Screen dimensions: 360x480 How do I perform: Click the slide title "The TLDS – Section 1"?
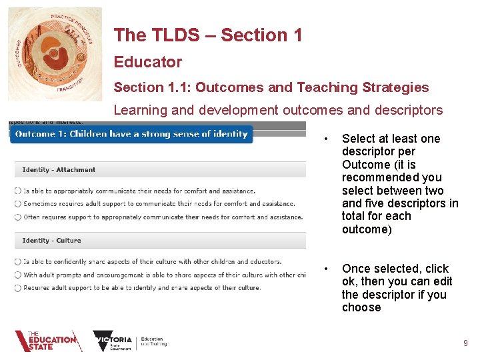207,35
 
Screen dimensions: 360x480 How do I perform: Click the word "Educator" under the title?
147,62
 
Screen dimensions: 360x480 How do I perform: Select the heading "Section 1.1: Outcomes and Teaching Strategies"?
271,87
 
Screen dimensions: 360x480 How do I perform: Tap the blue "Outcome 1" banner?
131,134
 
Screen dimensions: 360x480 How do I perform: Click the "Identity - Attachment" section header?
59,170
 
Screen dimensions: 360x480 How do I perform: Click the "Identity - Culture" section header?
51,241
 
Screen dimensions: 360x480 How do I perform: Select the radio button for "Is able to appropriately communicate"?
18,191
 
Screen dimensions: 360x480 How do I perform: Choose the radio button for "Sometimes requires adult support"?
18,204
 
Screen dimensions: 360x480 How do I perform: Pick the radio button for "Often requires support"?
18,217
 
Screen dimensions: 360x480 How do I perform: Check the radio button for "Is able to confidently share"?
18,262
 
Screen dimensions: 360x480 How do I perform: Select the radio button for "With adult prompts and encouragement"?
18,275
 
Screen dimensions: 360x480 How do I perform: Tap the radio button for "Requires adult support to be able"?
18,288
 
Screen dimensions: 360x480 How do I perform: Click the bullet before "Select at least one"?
325,139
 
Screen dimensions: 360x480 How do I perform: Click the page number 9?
465,343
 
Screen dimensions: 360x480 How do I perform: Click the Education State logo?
48,341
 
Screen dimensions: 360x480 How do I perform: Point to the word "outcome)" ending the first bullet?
365,229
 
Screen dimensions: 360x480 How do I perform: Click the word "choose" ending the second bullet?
361,307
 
